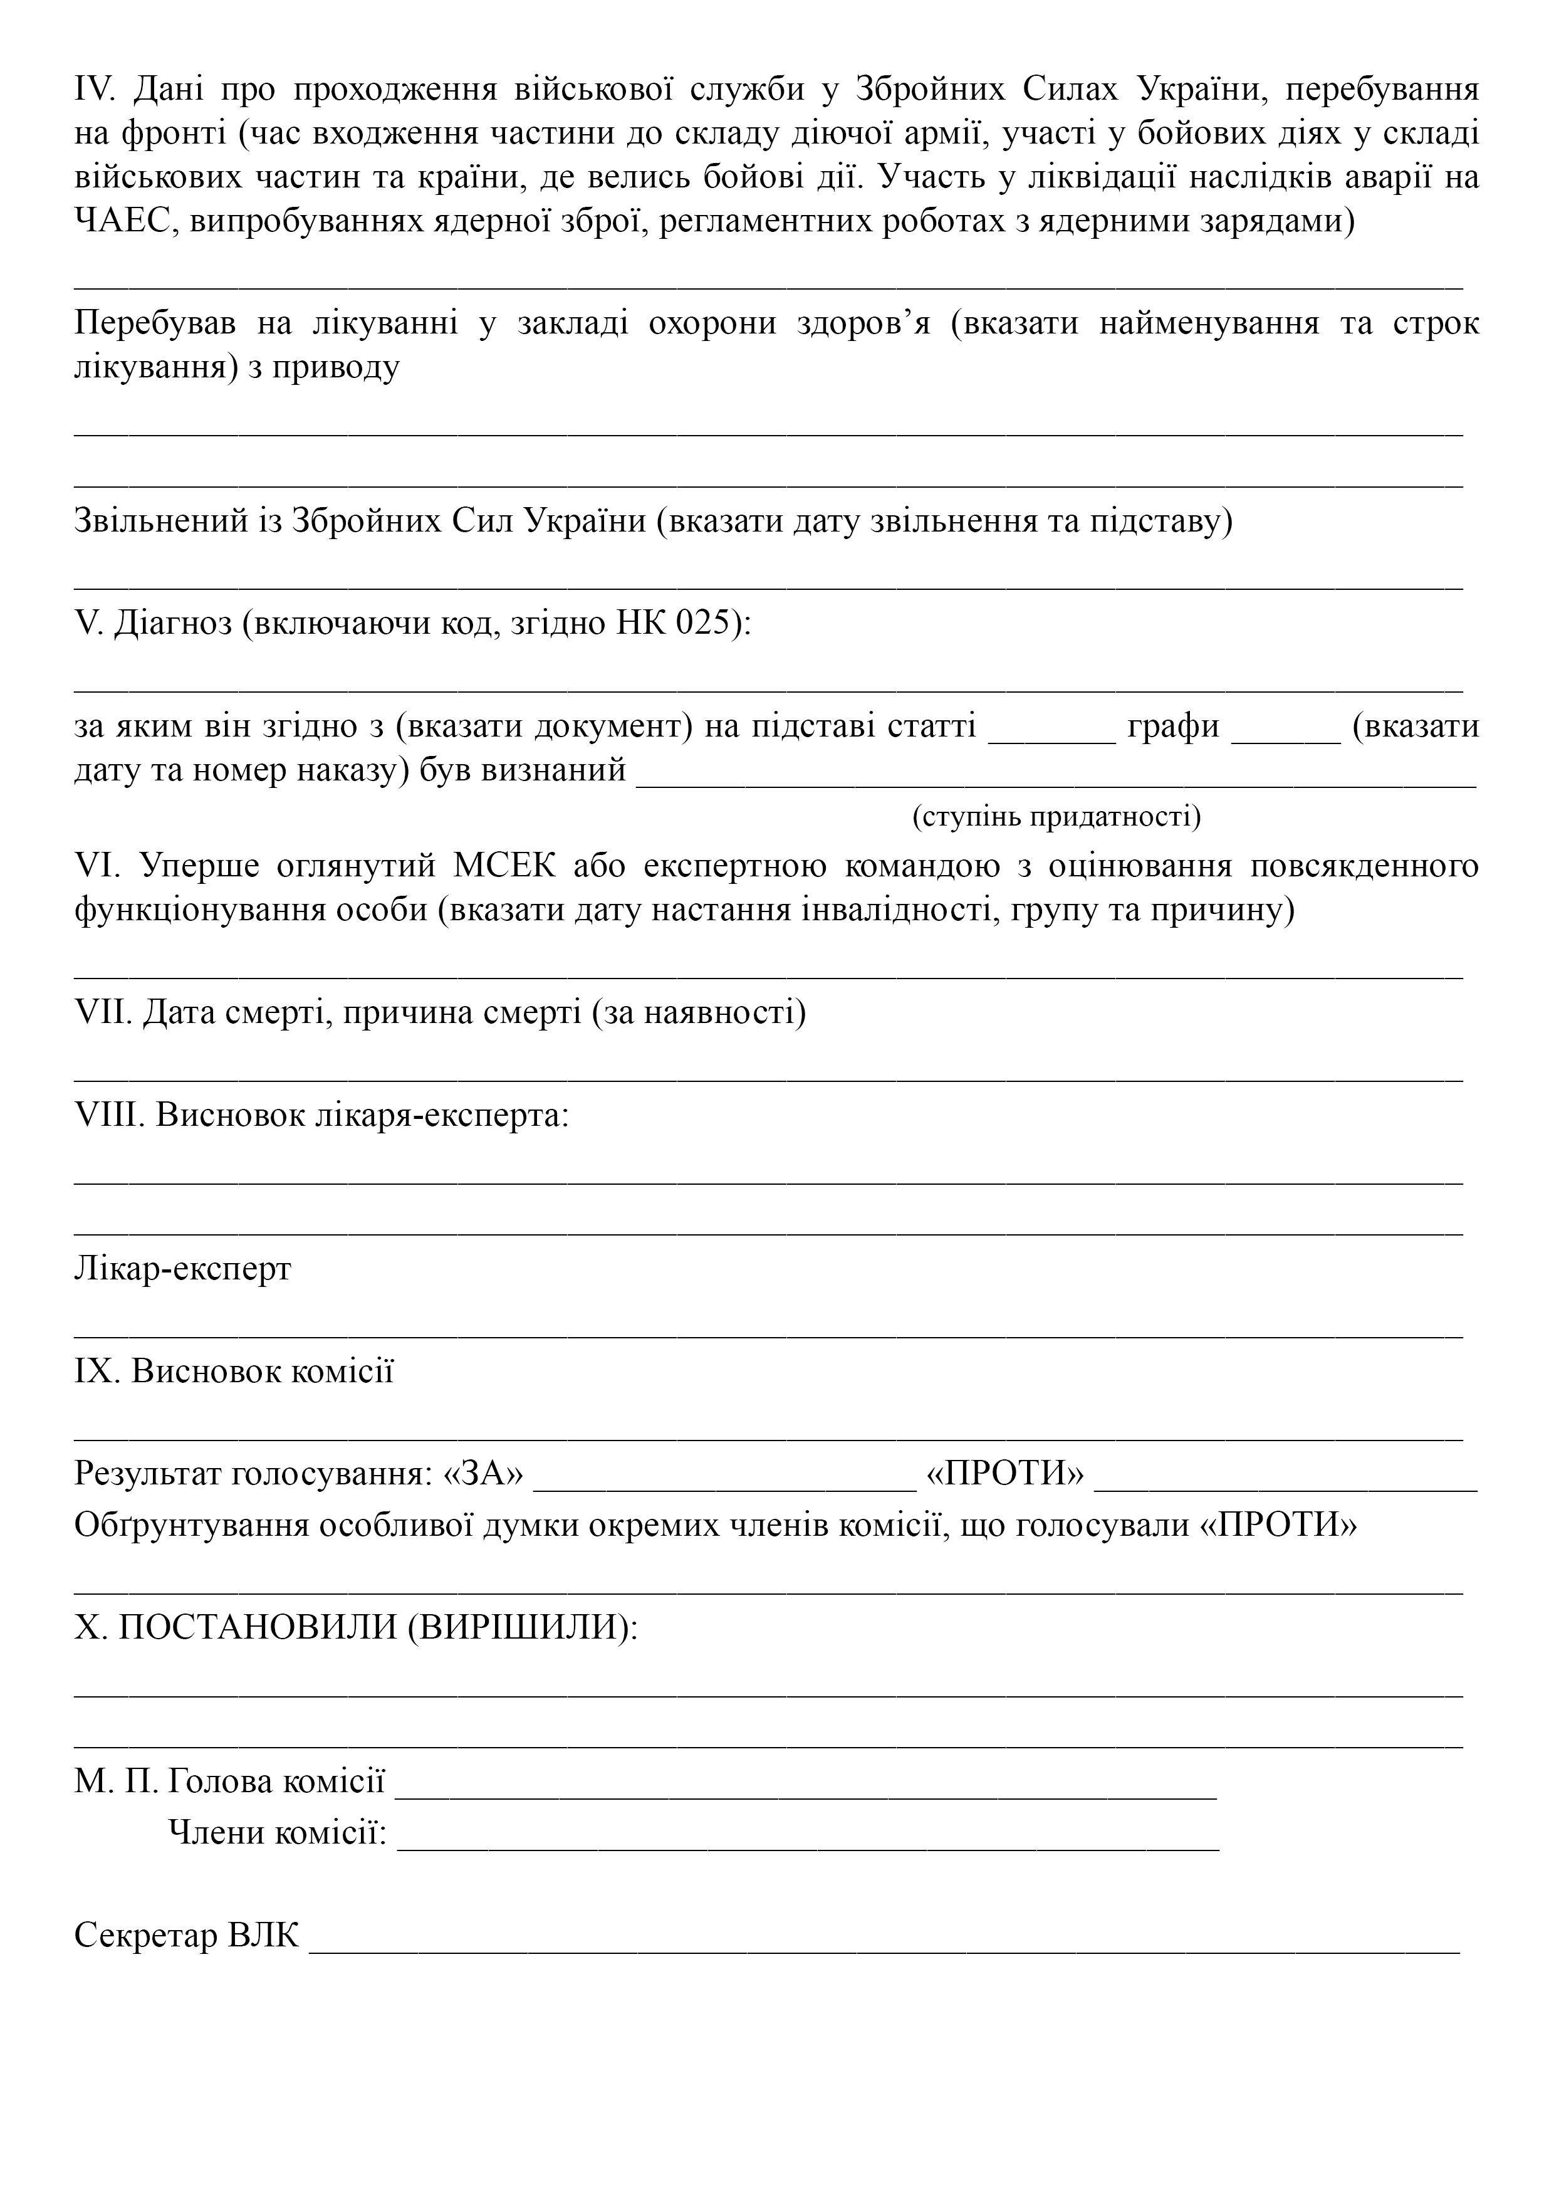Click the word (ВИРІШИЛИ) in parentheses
(x=523, y=1627)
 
